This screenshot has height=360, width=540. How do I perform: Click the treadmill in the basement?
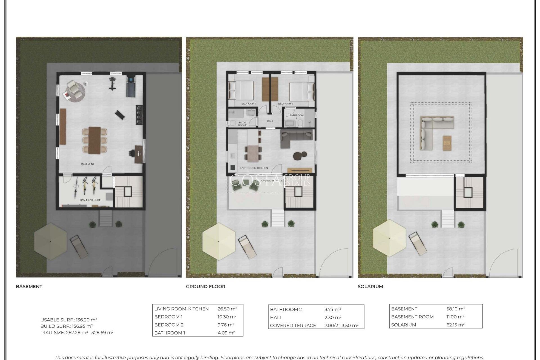[x=130, y=85]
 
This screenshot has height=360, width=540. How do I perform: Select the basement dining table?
[x=94, y=140]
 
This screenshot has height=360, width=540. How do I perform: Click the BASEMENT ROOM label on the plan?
[x=90, y=200]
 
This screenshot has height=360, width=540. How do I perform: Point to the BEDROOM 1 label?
[x=248, y=104]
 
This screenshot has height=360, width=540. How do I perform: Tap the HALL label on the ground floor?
[x=270, y=121]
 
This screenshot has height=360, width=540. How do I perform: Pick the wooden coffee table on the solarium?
[x=447, y=143]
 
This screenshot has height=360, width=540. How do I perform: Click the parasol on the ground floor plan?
[x=219, y=241]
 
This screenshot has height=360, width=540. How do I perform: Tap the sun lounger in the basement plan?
[x=79, y=247]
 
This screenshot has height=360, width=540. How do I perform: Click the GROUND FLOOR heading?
[x=205, y=287]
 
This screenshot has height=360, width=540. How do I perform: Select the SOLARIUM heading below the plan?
[x=370, y=287]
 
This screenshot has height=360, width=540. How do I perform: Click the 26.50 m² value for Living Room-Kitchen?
[x=227, y=309]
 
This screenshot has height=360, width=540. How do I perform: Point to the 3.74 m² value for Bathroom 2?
[x=332, y=309]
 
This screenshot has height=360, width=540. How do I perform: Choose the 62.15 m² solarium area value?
[x=455, y=325]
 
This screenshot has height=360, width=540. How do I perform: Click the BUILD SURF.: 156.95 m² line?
[x=66, y=326]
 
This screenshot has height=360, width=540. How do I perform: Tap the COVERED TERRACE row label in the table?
[x=293, y=325]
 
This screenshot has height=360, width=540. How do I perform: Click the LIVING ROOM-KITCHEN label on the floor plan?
[x=254, y=168]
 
